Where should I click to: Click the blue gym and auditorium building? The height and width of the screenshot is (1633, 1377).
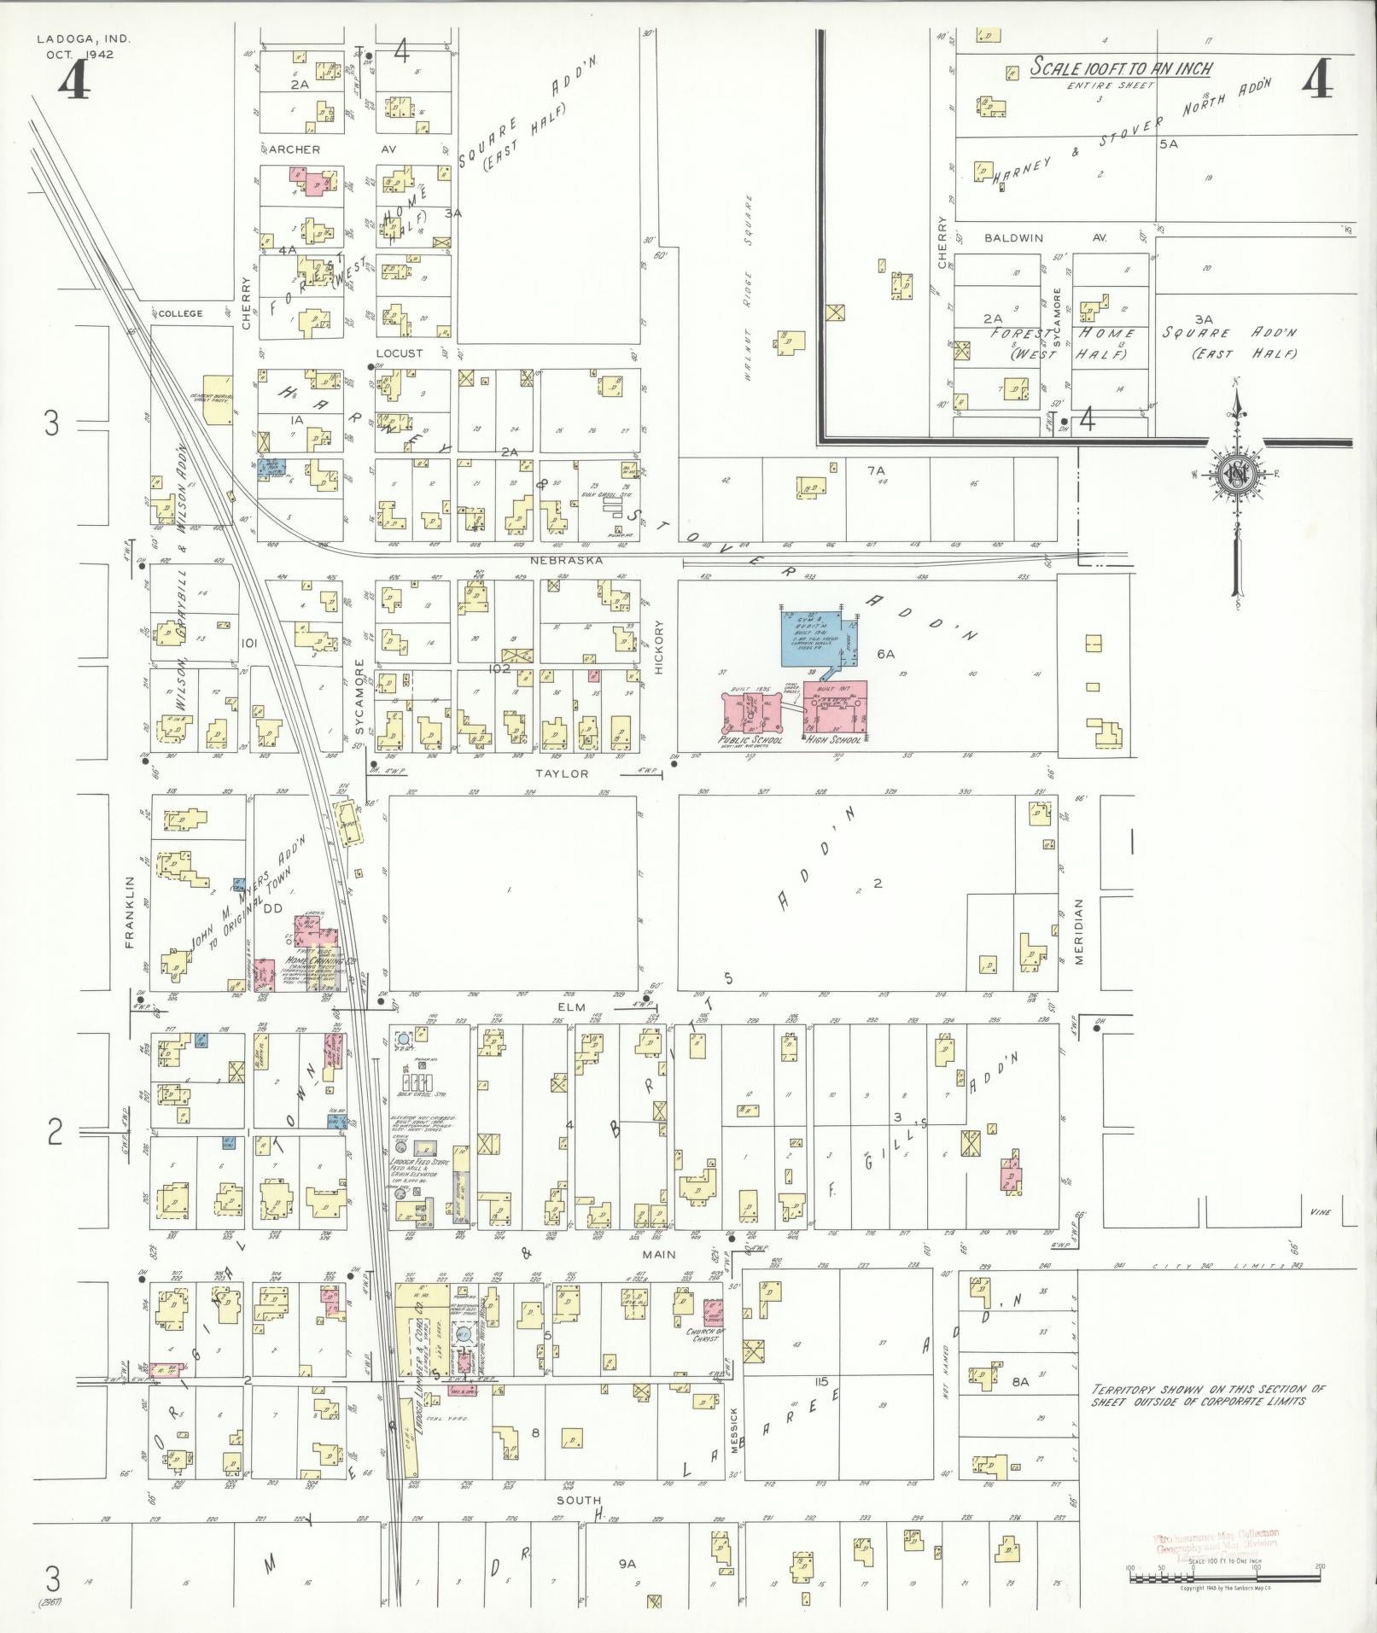pyautogui.click(x=811, y=637)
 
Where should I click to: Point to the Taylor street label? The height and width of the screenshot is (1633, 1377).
pyautogui.click(x=562, y=773)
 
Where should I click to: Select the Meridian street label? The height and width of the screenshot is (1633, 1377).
pyautogui.click(x=1079, y=932)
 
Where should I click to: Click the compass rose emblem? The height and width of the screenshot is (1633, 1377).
pyautogui.click(x=1235, y=475)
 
